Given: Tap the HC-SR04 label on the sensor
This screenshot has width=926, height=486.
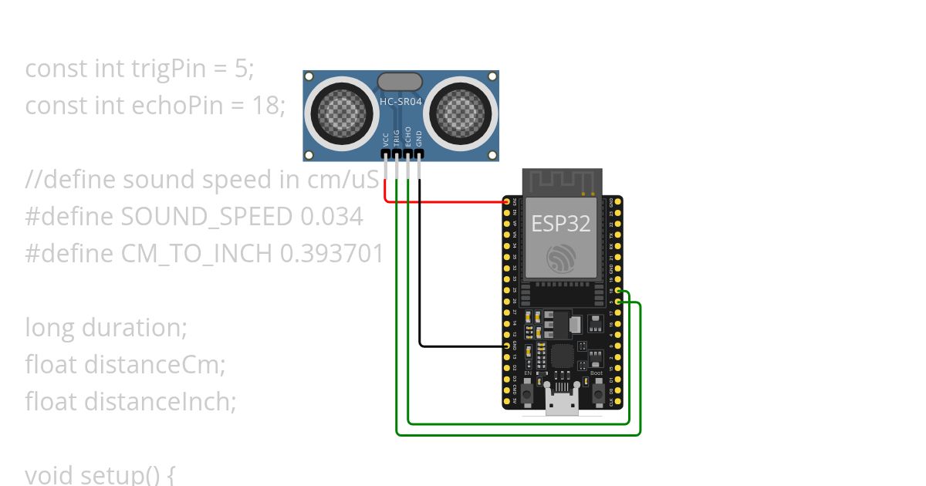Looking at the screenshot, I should [400, 101].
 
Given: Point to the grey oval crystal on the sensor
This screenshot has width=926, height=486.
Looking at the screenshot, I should [400, 80].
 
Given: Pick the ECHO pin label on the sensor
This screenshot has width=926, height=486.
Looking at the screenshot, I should [408, 137].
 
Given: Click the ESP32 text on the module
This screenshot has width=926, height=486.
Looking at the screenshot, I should [561, 224].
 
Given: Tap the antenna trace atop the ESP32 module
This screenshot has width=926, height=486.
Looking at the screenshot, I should [561, 181].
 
